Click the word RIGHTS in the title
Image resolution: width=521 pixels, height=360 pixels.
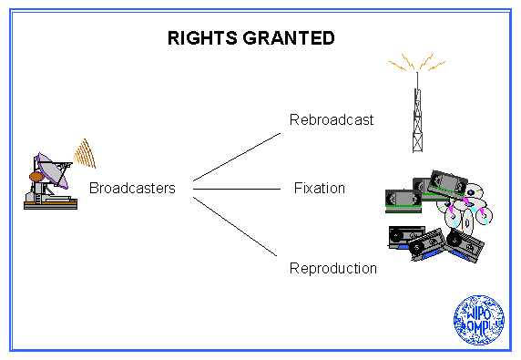pyautogui.click(x=202, y=38)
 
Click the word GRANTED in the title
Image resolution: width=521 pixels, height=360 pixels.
pyautogui.click(x=289, y=38)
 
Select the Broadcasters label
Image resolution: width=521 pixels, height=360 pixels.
pyautogui.click(x=132, y=188)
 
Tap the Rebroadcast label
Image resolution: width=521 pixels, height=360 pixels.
pyautogui.click(x=332, y=119)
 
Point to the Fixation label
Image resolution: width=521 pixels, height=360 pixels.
pyautogui.click(x=320, y=188)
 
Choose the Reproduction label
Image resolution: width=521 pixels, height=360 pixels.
pyautogui.click(x=333, y=269)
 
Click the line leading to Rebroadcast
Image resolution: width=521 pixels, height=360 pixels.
pyautogui.click(x=237, y=158)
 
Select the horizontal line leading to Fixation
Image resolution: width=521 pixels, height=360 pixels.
pyautogui.click(x=237, y=189)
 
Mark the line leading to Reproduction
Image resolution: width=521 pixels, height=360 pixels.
pyautogui.click(x=235, y=226)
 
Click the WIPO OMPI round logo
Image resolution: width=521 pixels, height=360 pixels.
pyautogui.click(x=479, y=320)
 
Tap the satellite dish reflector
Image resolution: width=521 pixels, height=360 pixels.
pyautogui.click(x=53, y=170)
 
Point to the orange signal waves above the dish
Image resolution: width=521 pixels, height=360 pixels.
pyautogui.click(x=85, y=154)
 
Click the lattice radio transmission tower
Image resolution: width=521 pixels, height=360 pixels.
pyautogui.click(x=417, y=113)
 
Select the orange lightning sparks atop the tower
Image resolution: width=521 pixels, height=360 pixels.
pyautogui.click(x=417, y=62)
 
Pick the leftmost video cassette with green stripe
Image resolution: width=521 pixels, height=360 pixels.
pyautogui.click(x=404, y=201)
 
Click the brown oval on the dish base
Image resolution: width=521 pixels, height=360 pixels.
pyautogui.click(x=36, y=177)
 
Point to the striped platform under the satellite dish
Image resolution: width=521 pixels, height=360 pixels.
pyautogui.click(x=50, y=204)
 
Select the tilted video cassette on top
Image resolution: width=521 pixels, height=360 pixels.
pyautogui.click(x=447, y=183)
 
